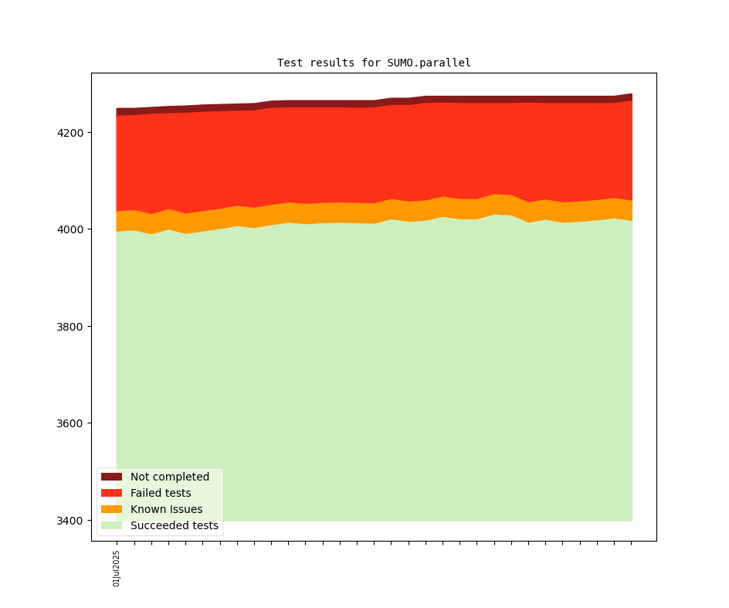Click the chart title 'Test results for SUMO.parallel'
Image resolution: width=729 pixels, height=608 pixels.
tap(374, 63)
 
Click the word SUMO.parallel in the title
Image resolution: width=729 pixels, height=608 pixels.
tap(429, 63)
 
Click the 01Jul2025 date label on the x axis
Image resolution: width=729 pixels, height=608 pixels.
tap(117, 569)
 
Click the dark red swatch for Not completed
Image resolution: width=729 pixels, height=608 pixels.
tap(111, 477)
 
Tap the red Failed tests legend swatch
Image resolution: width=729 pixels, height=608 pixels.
tap(111, 493)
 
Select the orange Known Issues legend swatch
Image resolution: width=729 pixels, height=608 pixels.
tap(111, 509)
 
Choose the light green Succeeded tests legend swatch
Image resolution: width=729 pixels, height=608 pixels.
tap(111, 525)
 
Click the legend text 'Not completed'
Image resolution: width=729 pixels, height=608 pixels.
tap(170, 477)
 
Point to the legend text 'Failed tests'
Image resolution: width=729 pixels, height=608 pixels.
tap(161, 493)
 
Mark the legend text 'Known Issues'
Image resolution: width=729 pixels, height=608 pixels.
tap(166, 509)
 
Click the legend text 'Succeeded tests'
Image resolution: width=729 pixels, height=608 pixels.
tap(175, 525)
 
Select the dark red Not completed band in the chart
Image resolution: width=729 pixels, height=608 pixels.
tap(371, 102)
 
